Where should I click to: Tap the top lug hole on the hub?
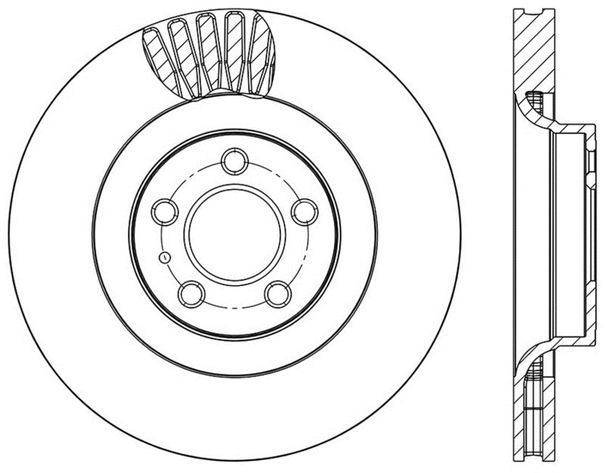pos(234,161)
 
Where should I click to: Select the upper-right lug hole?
pos(304,211)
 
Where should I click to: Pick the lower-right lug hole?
pos(278,293)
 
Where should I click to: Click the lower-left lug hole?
pos(190,293)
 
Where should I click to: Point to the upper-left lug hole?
pos(165,211)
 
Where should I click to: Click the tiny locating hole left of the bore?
pos(162,257)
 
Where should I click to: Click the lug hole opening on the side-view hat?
pos(588,163)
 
